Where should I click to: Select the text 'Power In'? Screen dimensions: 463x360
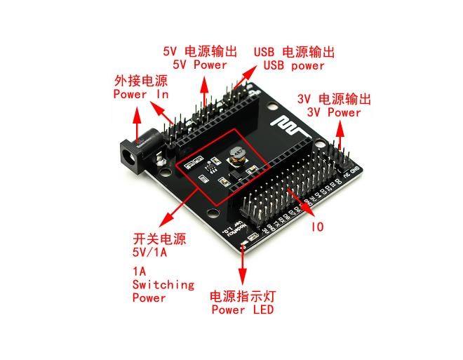coord(140,94)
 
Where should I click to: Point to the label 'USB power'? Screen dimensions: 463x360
coord(294,65)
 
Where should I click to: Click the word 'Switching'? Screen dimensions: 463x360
coord(163,284)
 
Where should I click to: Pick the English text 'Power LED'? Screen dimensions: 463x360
coord(242,309)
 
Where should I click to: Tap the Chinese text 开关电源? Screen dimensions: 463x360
coord(159,239)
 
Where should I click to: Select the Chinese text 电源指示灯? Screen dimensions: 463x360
coord(242,296)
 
